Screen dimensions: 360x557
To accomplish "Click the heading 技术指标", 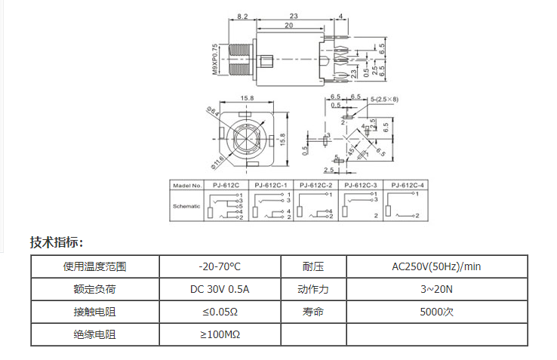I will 57,242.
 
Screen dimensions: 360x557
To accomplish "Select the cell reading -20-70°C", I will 220,266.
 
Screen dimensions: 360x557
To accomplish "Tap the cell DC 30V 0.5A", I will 220,289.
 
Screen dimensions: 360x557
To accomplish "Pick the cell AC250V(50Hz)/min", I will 436,266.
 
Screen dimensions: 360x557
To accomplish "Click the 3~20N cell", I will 436,289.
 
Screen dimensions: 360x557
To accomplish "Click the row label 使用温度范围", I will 95,266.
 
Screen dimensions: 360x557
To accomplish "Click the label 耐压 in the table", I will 313,266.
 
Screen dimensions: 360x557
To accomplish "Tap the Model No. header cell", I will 187,185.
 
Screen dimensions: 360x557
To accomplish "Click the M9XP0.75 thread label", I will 216,58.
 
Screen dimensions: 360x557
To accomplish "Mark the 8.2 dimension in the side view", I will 243,16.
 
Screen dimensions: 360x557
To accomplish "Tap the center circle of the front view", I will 247,139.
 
